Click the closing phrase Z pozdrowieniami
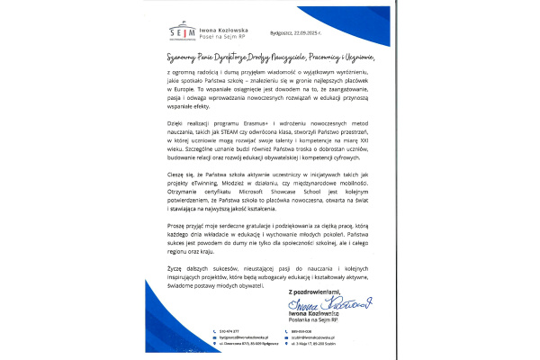(x=312, y=292)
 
